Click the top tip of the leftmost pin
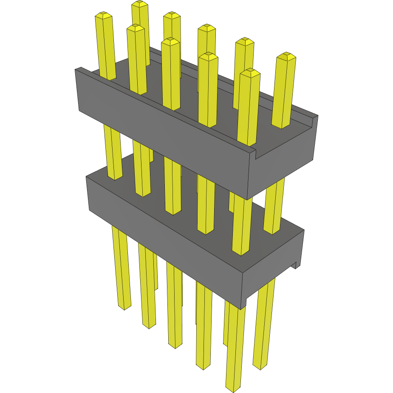coord(104,16)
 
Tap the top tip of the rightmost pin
coord(286,56)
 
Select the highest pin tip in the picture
coord(140,4)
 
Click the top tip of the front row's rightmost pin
coord(250,72)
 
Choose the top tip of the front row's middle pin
coord(171,41)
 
